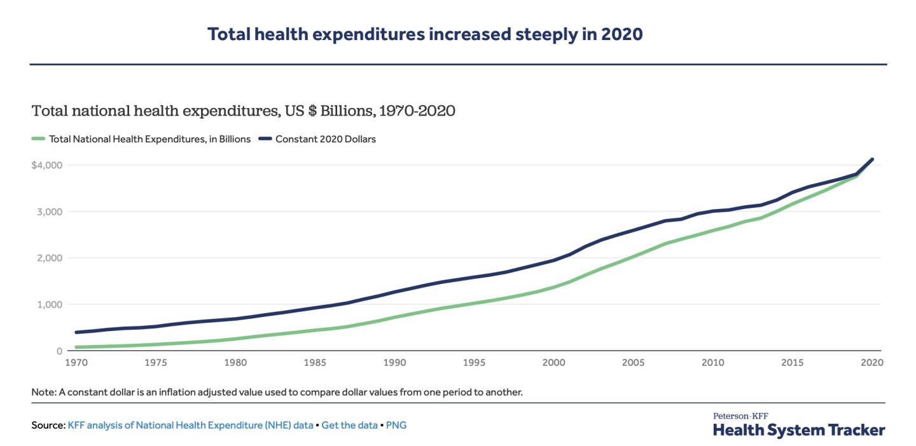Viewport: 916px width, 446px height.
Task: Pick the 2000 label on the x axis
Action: (x=554, y=363)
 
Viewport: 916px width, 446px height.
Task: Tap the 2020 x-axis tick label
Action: (x=872, y=363)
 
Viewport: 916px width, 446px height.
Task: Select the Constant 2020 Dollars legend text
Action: (x=325, y=139)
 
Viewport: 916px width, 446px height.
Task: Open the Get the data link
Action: (x=349, y=425)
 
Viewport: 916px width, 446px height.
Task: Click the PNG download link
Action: (x=396, y=425)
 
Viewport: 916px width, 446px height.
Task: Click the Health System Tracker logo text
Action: (x=798, y=430)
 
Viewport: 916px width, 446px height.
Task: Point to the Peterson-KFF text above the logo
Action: (x=740, y=416)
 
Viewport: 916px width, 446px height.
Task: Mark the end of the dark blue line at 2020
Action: (x=872, y=159)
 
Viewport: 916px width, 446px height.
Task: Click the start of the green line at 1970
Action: (x=76, y=348)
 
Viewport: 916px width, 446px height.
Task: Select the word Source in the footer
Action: (x=48, y=425)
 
